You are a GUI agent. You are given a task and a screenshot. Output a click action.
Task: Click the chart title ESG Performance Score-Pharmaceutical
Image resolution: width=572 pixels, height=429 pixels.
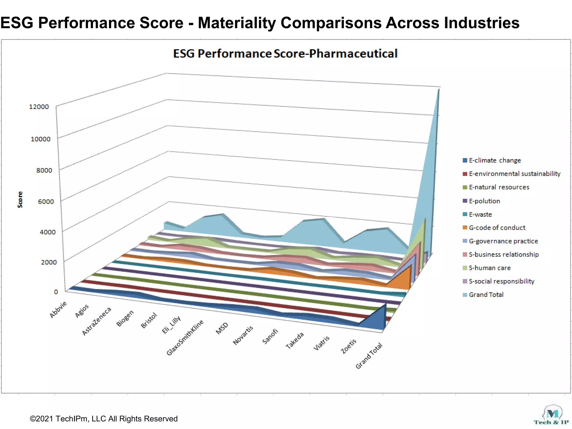point(285,54)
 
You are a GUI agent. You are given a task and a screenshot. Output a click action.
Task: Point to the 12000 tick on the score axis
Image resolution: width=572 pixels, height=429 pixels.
point(39,107)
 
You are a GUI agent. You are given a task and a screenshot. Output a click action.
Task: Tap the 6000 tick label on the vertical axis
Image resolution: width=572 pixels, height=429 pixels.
point(46,201)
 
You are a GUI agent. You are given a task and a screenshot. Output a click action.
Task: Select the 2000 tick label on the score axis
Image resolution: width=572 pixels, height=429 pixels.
point(49,262)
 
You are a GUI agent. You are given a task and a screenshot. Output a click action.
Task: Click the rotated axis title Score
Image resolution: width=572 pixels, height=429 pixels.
point(20,199)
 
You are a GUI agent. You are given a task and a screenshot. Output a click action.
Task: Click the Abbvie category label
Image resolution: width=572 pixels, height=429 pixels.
point(58,309)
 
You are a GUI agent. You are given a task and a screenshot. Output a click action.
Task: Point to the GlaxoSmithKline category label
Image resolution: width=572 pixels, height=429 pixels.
point(185,338)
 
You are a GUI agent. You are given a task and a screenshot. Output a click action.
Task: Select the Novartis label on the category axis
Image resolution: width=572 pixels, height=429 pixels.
point(243,335)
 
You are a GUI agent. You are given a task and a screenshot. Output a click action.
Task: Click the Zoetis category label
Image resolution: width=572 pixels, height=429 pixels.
point(349,346)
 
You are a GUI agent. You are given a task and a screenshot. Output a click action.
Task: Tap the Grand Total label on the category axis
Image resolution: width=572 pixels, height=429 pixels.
point(369,356)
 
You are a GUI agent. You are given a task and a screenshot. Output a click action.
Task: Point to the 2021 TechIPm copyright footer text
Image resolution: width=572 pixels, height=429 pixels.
point(104,419)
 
